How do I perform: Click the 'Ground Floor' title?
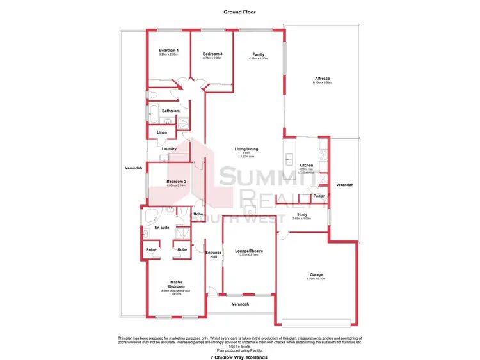239,12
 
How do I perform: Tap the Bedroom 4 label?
168,51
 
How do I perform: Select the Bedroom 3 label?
212,54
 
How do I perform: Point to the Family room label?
258,54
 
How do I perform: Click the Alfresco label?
321,79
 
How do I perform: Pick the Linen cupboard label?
162,133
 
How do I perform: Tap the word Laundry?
169,149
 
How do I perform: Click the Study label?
301,215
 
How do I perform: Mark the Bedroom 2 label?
176,182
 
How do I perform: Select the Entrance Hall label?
213,254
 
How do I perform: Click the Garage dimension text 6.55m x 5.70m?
316,279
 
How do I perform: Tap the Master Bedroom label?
176,284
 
